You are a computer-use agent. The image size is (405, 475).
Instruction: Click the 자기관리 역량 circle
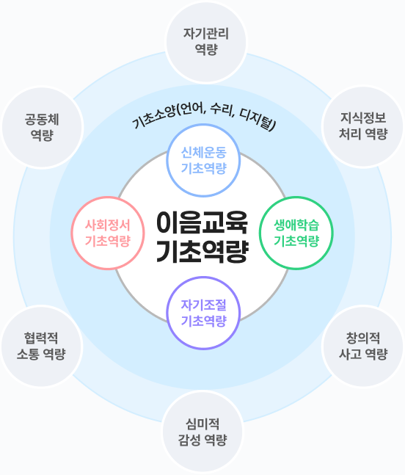206,42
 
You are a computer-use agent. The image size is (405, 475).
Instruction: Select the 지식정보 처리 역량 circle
363,126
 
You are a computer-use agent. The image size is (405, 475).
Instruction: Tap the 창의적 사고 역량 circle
363,346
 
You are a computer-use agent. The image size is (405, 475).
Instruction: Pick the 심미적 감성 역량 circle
202,432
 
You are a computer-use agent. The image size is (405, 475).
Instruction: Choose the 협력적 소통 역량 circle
42,346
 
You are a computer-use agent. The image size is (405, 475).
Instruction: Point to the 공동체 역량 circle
42,127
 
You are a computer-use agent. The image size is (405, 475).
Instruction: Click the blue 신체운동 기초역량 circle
203,160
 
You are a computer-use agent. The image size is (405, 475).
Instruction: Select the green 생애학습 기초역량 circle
296,233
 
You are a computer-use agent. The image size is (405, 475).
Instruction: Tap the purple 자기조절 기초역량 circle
203,313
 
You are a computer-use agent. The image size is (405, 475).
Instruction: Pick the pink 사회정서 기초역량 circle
108,233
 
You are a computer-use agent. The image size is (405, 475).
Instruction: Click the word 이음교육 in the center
202,223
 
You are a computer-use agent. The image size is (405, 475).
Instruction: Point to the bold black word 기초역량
202,251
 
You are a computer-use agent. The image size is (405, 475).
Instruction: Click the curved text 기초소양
153,117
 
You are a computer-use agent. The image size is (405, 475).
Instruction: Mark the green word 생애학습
296,225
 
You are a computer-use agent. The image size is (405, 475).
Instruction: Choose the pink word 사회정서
108,225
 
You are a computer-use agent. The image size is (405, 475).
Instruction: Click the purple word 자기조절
203,305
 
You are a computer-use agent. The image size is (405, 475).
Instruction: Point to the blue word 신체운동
203,153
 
